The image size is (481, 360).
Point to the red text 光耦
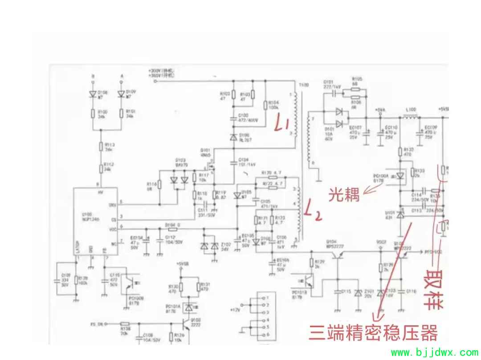coord(344,194)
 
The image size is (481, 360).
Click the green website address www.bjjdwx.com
coord(434,353)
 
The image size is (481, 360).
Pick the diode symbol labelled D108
coord(93,94)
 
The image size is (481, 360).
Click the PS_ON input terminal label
coord(97,324)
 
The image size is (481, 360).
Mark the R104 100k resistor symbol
coord(265,105)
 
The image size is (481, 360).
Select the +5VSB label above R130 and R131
coord(183,264)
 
